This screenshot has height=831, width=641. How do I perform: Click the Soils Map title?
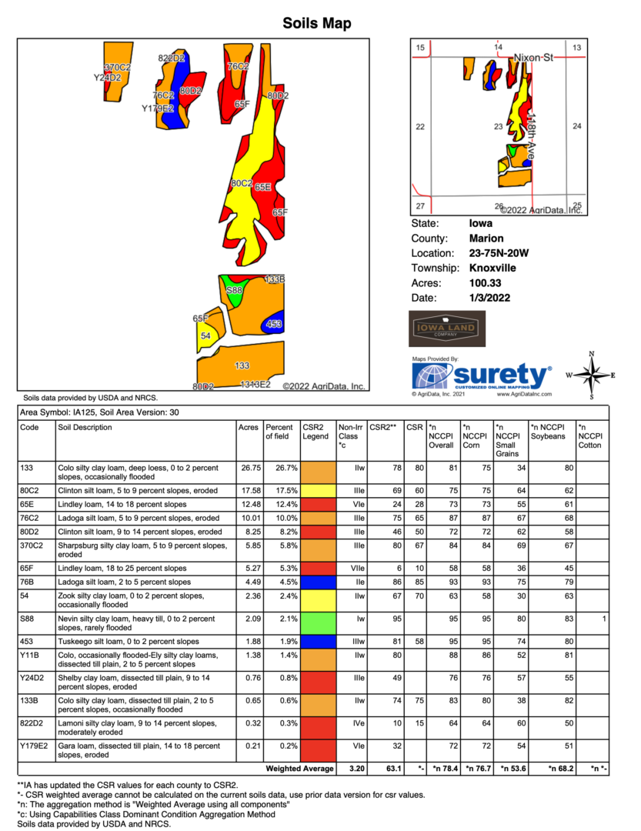point(317,23)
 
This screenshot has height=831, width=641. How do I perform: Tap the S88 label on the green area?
point(235,290)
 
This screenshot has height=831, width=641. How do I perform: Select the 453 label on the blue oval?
point(274,325)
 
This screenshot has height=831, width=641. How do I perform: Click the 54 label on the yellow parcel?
point(205,336)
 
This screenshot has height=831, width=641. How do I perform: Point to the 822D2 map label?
point(171,58)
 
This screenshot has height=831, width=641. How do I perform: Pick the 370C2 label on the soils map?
point(118,68)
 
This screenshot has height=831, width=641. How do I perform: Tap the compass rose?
point(592,375)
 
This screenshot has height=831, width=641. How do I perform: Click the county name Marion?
point(486,239)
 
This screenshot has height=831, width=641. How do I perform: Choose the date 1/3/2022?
point(489,297)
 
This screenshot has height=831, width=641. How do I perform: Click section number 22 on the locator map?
point(420,127)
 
